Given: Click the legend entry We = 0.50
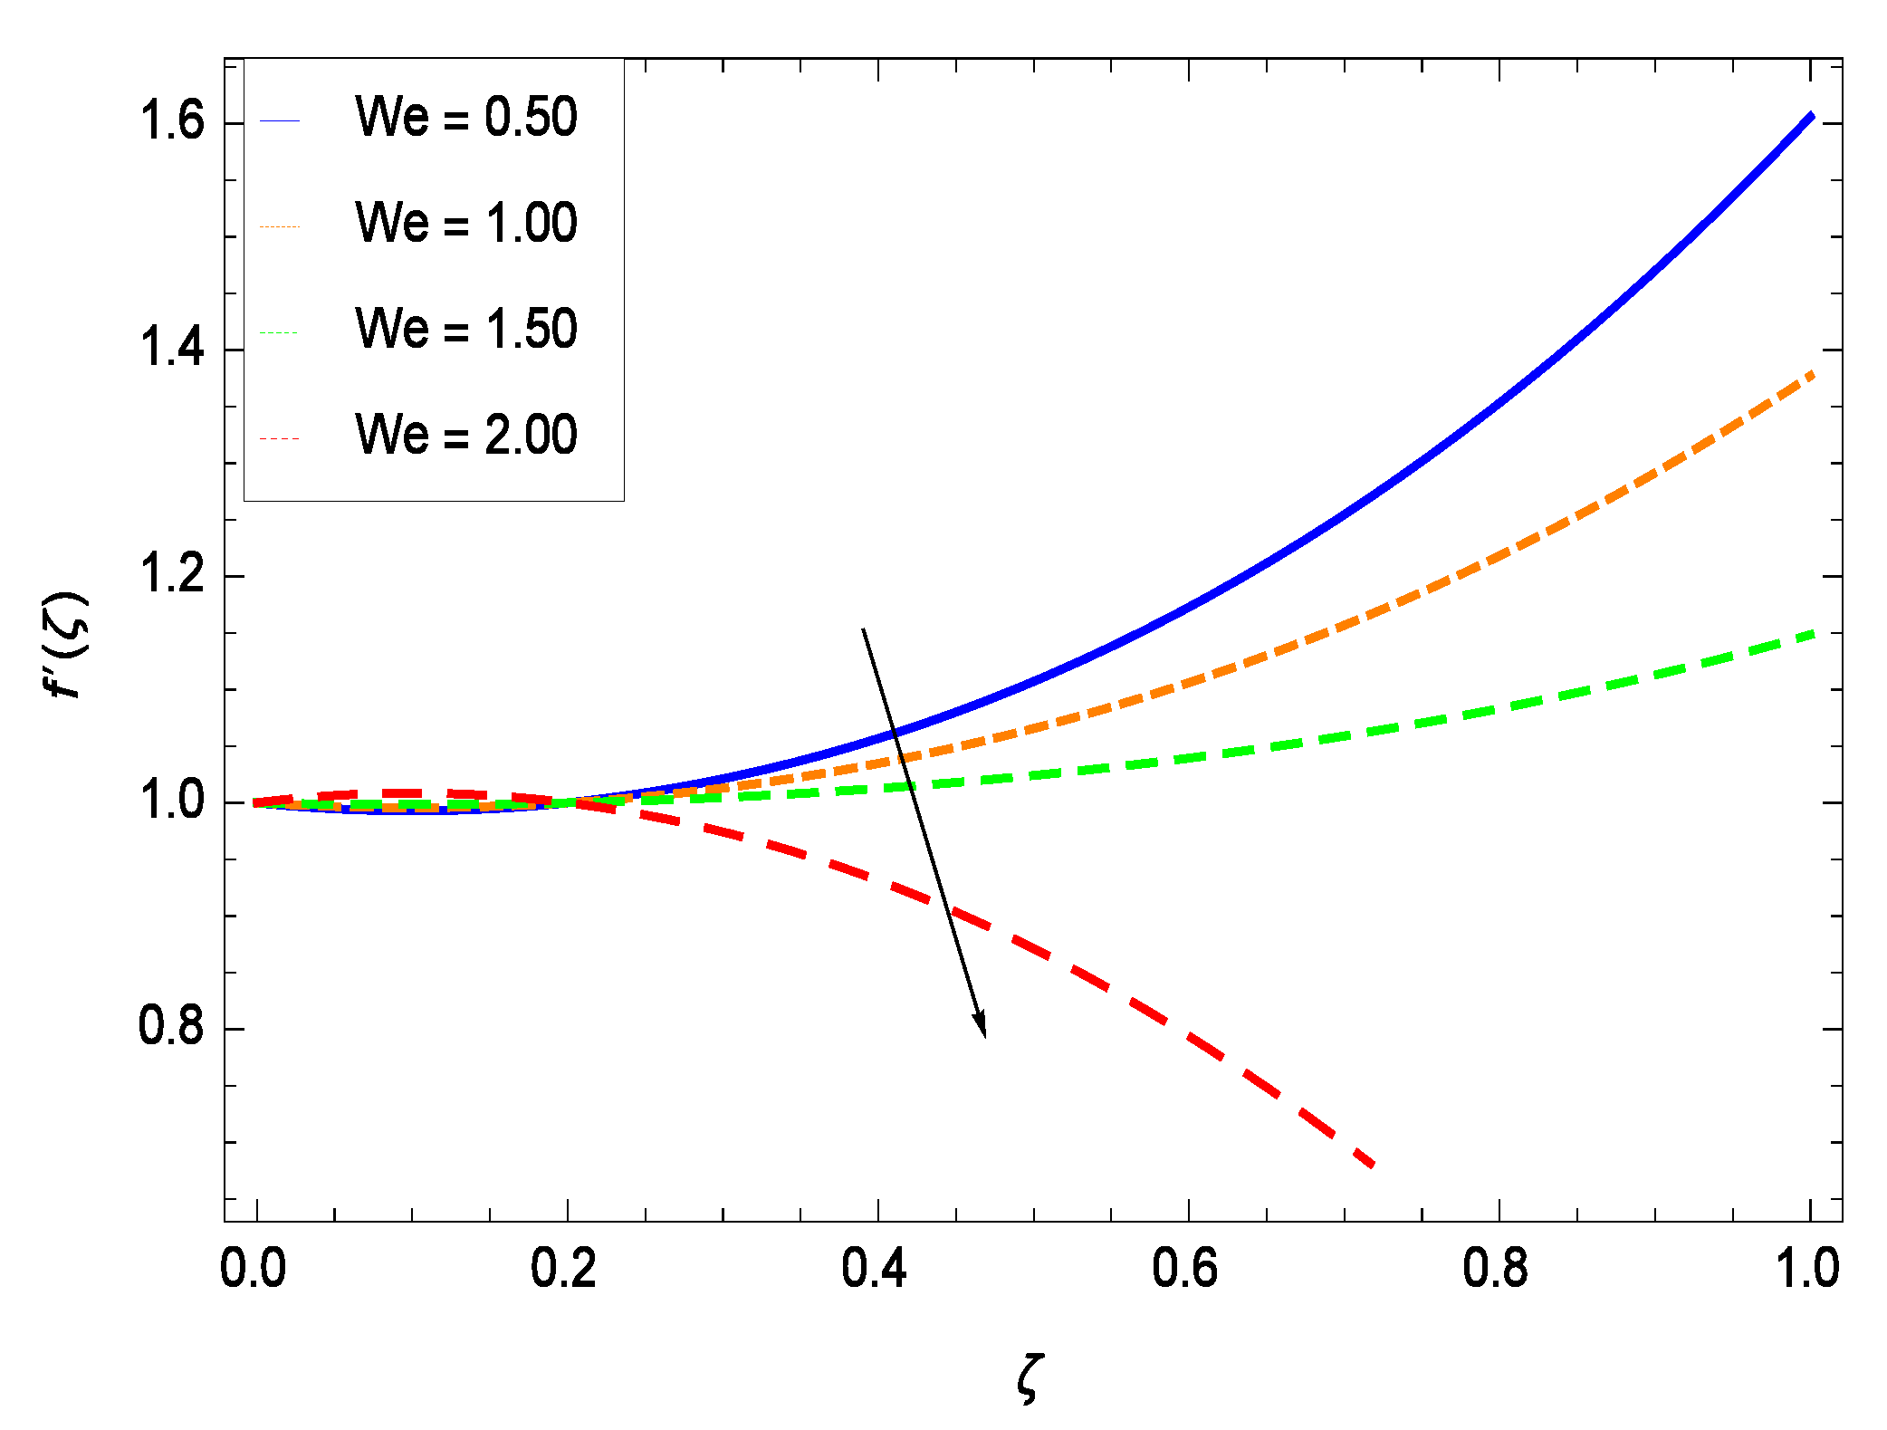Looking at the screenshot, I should pos(465,118).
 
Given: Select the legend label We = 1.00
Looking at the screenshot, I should pos(465,224).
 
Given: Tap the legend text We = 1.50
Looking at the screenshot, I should pos(465,329).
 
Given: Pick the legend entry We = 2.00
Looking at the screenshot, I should pos(465,435).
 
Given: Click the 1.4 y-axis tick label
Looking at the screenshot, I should pos(171,350).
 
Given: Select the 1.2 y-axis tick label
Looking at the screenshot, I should pos(171,576).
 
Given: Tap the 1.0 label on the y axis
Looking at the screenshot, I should pos(171,802).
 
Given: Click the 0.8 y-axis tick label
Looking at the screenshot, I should pos(171,1029).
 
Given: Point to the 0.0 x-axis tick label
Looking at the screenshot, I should pos(254,1270).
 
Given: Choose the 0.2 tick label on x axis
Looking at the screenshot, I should pos(564,1270).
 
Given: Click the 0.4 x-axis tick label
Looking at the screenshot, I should pos(875,1270).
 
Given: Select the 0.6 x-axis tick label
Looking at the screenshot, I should pos(1185,1270).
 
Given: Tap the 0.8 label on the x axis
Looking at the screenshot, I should pos(1496,1270).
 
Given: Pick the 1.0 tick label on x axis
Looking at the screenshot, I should pos(1807,1270).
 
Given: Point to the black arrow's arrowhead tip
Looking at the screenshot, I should pos(984,1036).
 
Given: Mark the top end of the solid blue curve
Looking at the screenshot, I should pos(1812,115).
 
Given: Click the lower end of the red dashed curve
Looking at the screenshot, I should pos(1374,1166).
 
